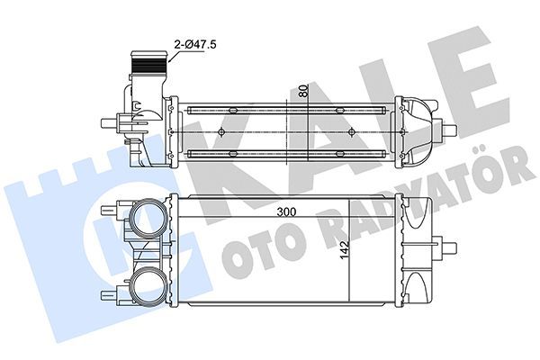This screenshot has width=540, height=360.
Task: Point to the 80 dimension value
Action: tap(303, 90)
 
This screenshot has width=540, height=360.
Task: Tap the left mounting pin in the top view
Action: tap(112, 124)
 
